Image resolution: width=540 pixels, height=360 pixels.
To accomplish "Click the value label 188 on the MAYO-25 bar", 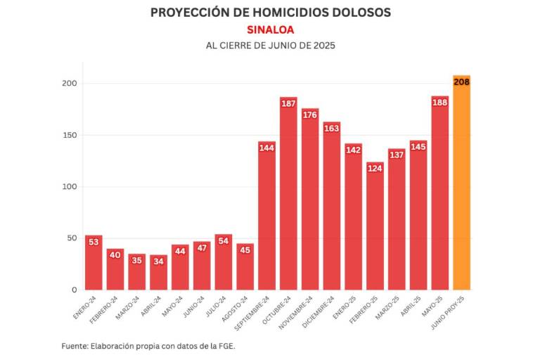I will [439, 102].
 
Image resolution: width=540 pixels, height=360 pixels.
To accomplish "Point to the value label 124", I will [375, 168].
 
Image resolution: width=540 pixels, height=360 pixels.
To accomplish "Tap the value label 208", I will [461, 82].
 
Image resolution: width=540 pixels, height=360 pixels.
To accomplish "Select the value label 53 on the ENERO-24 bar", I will [94, 242].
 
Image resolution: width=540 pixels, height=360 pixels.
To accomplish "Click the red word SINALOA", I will [270, 30].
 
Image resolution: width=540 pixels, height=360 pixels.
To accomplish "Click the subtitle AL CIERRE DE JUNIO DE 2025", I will [270, 46].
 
